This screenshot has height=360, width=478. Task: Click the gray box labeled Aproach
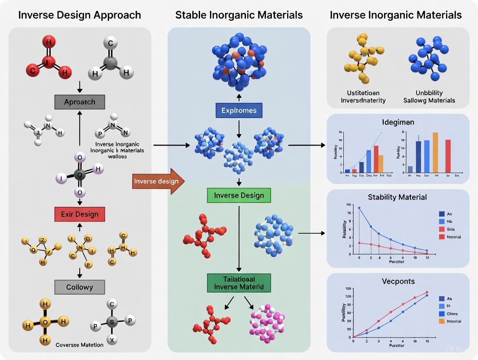[79, 102]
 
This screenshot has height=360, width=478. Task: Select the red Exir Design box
[79, 214]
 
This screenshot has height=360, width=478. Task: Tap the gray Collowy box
[79, 286]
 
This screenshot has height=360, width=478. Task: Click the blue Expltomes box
[239, 110]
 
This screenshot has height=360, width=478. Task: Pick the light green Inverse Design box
[239, 195]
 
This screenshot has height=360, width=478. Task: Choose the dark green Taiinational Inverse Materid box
[239, 283]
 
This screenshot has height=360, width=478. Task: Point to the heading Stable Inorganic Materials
[239, 15]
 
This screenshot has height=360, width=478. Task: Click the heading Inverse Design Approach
[80, 15]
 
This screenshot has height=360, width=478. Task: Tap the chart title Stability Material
[397, 197]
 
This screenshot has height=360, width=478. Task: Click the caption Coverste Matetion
[80, 345]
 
